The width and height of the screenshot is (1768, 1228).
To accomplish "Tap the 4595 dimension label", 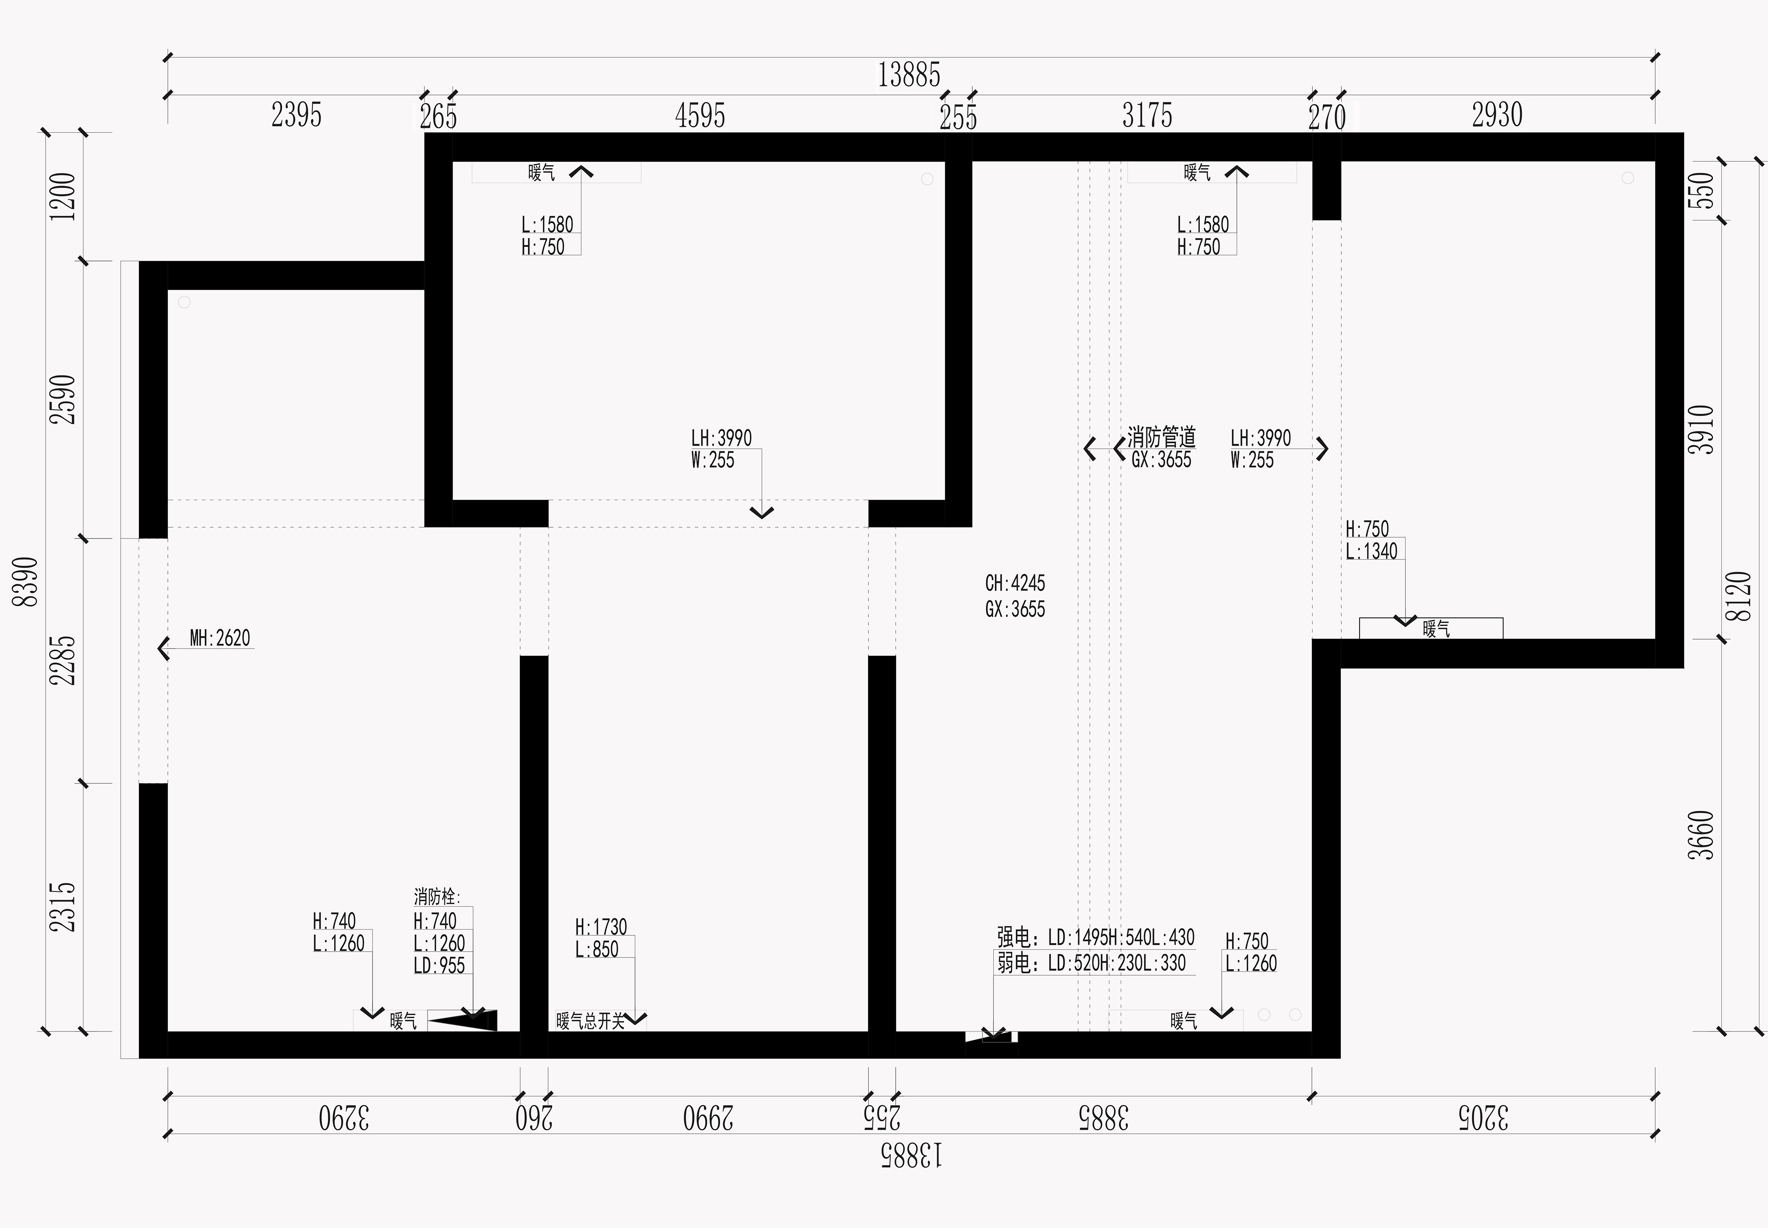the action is [x=700, y=116].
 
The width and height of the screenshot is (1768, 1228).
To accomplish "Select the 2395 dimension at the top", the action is [x=296, y=116].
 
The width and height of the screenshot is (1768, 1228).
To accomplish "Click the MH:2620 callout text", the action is [x=220, y=638].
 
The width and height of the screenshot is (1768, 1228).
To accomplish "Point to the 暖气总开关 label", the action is [x=591, y=1021].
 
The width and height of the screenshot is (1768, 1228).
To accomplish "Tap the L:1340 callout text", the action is [x=1371, y=551].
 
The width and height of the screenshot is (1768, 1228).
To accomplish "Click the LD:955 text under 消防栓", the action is [x=439, y=965].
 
